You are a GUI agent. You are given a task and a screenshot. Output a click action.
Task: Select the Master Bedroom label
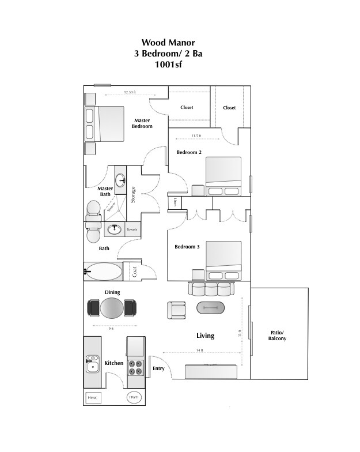click(142, 123)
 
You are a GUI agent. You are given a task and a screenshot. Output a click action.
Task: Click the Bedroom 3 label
click(187, 247)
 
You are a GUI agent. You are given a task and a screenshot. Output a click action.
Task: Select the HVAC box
click(92, 397)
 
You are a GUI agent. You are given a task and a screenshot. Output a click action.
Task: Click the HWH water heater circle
click(134, 397)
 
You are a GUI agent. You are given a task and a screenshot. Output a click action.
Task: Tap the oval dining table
click(112, 307)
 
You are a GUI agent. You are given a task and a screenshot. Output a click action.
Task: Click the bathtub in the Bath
click(103, 271)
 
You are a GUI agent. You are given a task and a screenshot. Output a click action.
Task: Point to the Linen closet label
click(175, 203)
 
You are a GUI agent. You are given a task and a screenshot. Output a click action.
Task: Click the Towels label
click(132, 229)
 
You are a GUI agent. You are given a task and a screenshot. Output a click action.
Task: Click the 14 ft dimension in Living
click(199, 351)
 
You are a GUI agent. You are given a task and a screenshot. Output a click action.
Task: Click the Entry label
click(158, 368)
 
